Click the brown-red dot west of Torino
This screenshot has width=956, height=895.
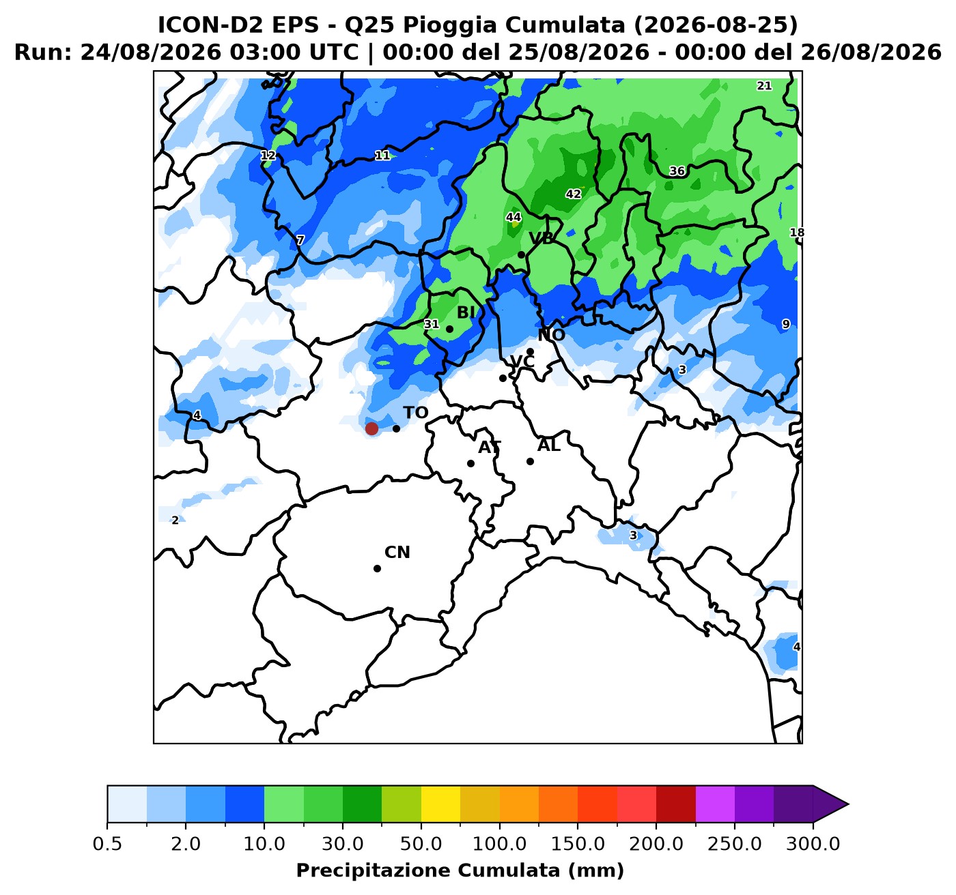coord(371,428)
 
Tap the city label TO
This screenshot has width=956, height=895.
coord(415,413)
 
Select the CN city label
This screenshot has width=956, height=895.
coord(397,552)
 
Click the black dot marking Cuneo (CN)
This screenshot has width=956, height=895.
coord(378,568)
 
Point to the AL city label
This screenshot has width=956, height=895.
coord(549,445)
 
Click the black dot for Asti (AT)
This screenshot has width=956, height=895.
coord(470,463)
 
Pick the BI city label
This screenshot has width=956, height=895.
coord(466,312)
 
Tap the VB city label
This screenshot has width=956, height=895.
coord(542,238)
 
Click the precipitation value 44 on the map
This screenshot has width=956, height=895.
coord(514,218)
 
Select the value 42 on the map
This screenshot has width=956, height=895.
coord(574,194)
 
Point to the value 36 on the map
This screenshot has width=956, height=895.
coord(677,171)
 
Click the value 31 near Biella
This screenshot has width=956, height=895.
coord(432,324)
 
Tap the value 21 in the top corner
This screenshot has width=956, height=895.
coord(764,85)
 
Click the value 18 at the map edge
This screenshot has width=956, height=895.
coord(797,233)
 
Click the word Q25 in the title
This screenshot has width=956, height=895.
coord(371,25)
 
